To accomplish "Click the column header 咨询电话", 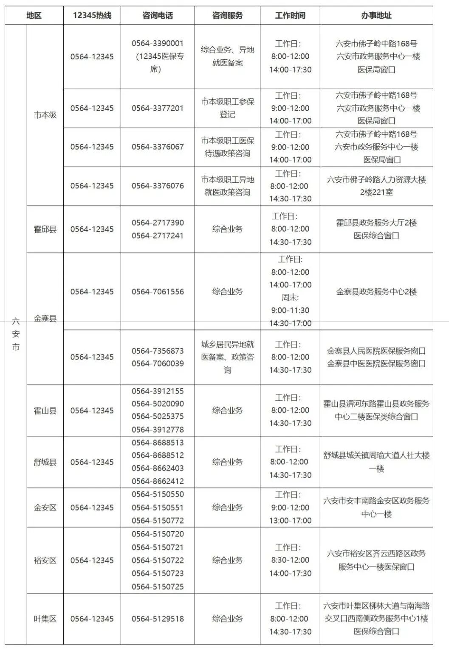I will [x=158, y=16].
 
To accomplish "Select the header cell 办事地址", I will [x=376, y=16].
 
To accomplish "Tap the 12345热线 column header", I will [x=92, y=16].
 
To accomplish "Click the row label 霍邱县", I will [x=45, y=229].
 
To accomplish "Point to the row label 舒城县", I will [x=45, y=462].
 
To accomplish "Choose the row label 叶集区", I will [x=45, y=619].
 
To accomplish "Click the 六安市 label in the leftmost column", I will [x=16, y=334].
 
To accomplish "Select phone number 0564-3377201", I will [x=158, y=108].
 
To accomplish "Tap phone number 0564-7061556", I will [x=158, y=292].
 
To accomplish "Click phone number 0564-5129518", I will [x=158, y=619].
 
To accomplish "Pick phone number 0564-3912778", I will [x=158, y=430].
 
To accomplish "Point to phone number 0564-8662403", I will [x=158, y=468].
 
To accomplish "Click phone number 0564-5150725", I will [x=158, y=587].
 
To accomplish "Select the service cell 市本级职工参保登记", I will [x=227, y=108].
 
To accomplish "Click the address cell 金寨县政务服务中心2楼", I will [x=376, y=292].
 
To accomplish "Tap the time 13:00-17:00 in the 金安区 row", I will [x=290, y=520].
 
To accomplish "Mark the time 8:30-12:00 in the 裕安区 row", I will [x=290, y=560].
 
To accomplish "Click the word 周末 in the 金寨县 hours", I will [x=290, y=298].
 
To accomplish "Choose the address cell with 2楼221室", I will [x=376, y=186].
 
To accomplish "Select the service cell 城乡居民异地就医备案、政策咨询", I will [x=227, y=357].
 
